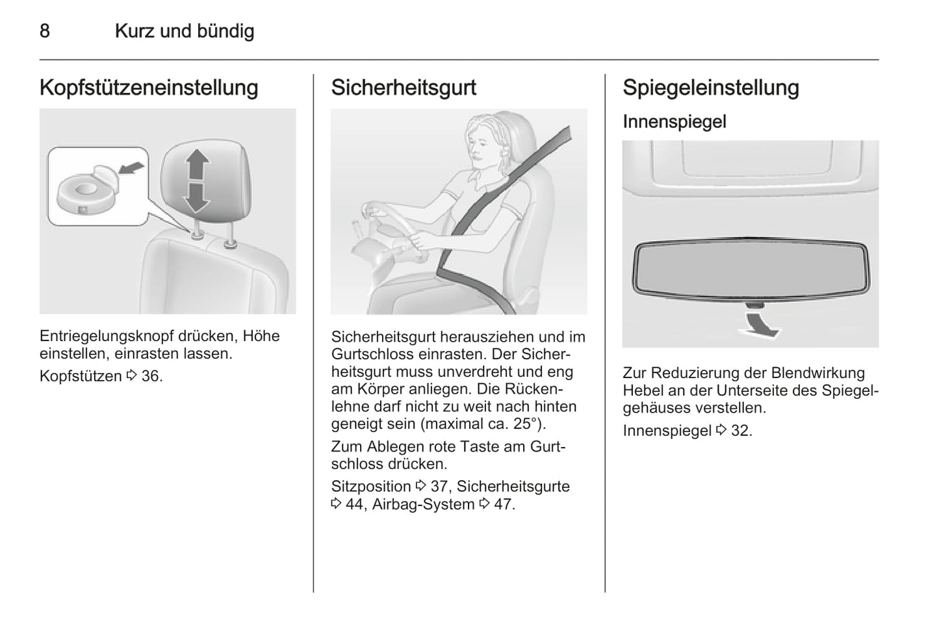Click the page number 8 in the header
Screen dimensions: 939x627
45,31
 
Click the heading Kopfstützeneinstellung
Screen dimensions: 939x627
149,88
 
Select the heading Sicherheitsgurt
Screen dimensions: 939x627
404,88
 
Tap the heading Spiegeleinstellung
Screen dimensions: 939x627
711,88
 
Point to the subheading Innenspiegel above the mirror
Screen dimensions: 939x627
675,122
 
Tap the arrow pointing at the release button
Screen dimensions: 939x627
132,168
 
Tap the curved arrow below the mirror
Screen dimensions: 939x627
760,323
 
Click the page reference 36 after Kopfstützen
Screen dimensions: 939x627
151,376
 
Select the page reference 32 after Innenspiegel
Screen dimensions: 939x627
741,430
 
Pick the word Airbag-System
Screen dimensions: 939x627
424,504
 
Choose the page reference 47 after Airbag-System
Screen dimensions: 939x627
504,504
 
